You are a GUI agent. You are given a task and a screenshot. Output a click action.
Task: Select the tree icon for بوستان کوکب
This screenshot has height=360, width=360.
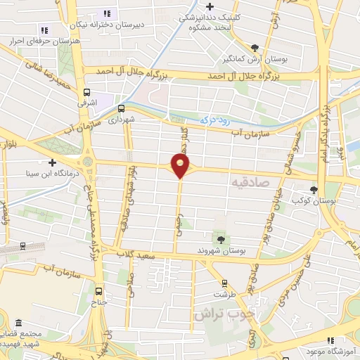point(314,189)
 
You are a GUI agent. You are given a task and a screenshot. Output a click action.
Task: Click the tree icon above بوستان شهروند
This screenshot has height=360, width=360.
point(222,240)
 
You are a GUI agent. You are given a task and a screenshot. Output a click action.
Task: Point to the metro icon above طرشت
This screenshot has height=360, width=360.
point(224,284)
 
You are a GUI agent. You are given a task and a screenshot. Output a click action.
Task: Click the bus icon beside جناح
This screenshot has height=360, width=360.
point(98,290)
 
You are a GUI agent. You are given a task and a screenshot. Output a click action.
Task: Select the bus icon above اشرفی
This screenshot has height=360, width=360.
point(86,92)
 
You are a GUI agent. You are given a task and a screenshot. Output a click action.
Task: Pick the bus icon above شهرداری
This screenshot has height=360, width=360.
point(122,109)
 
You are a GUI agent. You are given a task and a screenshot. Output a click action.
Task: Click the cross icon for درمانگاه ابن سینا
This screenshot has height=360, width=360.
point(52,162)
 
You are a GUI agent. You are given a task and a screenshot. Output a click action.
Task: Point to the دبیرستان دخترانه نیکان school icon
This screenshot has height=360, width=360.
point(107,13)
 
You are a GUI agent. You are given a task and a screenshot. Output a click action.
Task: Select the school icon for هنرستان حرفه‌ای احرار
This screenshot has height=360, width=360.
point(44,30)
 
